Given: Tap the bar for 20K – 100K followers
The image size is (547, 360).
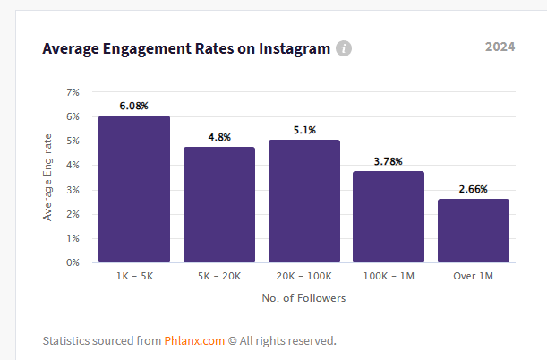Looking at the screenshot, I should tap(303, 201).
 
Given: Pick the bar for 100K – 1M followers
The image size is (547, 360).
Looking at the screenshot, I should tap(389, 217).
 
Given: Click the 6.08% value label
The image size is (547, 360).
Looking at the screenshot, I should tap(134, 106).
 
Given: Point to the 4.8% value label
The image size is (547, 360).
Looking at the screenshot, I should tap(219, 137).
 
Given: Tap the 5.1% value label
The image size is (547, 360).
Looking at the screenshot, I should tap(303, 130).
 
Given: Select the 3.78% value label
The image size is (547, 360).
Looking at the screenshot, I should tap(389, 161).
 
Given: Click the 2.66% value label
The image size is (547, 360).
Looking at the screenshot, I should tap(474, 189).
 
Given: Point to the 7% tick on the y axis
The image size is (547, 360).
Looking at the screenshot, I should tap(73, 92).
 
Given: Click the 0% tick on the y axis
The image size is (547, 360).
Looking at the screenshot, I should tap(73, 262).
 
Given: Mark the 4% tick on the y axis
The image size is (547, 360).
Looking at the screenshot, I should tap(73, 166).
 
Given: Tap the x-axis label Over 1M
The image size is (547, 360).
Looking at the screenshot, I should tap(474, 278).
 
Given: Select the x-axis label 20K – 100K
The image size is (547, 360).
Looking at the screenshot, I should tap(303, 278).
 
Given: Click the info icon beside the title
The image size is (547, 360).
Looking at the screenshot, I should tap(344, 48).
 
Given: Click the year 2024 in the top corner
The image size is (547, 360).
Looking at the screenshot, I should tap(500, 47).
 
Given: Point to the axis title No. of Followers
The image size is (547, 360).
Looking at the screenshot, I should tap(303, 298).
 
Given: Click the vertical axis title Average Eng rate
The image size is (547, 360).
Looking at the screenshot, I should tap(47, 177).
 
